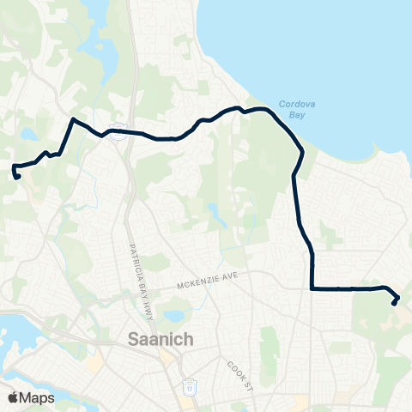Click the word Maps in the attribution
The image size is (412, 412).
click(37, 397)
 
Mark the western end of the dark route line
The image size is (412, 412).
click(17, 177)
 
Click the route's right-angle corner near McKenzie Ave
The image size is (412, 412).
click(312, 289)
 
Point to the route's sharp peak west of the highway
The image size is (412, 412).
click(73, 119)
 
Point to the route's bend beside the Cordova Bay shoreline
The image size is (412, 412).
click(302, 153)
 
